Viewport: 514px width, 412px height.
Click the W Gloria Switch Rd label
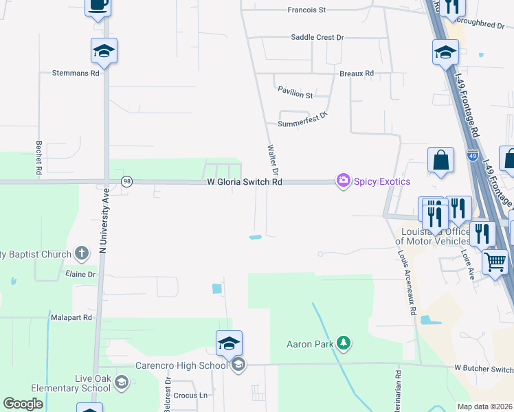point(245,182)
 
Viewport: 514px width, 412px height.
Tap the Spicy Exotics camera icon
point(342,181)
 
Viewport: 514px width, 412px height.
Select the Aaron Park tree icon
point(344,343)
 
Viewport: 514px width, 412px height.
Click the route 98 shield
point(126,181)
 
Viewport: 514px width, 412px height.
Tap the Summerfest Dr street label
point(303,124)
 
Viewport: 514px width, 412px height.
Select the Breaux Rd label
point(356,73)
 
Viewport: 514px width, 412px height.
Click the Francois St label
point(306,10)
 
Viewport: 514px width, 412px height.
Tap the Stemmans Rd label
point(76,72)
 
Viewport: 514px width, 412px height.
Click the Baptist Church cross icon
point(81,253)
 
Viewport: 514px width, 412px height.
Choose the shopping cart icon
point(495,262)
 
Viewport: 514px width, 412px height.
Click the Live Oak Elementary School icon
point(122,382)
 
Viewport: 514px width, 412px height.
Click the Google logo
point(23,404)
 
